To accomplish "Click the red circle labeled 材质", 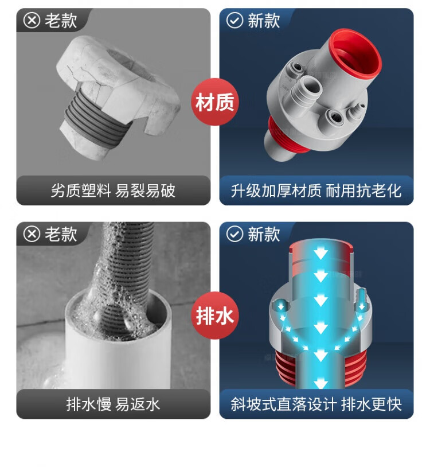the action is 215,102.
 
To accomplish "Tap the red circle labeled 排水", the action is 215,316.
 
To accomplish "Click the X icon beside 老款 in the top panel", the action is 32,21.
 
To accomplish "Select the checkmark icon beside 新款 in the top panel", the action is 235,21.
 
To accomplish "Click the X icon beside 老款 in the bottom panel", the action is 32,234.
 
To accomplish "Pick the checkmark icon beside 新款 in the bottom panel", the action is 235,234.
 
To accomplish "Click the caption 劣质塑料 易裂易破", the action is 113,190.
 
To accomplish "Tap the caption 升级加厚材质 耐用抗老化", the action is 316,190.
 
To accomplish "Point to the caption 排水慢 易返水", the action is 113,404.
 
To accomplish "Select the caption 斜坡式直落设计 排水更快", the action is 316,404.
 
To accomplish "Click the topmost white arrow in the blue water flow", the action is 320,254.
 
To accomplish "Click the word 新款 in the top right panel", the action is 264,21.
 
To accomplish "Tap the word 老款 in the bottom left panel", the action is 61,235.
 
